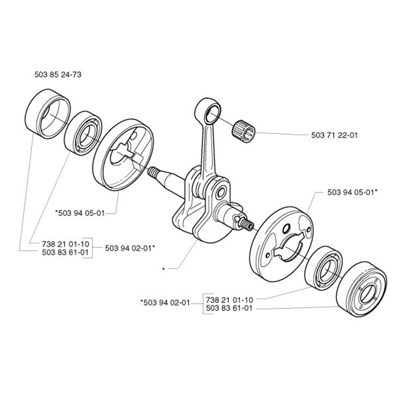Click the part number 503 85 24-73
[x=58, y=75]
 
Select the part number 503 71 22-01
[x=334, y=135]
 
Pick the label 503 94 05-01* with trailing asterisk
[x=352, y=192]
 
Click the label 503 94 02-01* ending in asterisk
[x=130, y=248]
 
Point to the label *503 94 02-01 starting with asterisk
[x=165, y=302]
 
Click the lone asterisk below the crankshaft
[x=164, y=269]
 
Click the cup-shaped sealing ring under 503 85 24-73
[x=47, y=114]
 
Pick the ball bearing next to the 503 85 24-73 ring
[x=83, y=133]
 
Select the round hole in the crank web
[x=221, y=193]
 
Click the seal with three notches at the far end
[x=362, y=288]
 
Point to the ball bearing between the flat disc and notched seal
[x=323, y=268]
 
